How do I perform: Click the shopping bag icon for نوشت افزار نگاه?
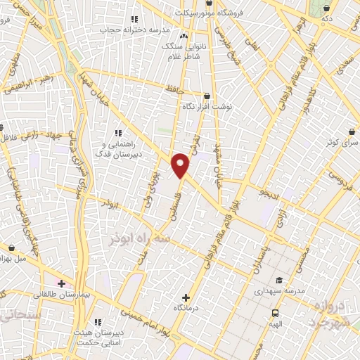(x=207, y=96)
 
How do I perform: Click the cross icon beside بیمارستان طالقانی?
(x=61, y=284)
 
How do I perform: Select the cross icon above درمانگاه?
(x=186, y=297)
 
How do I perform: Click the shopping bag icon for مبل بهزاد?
(x=13, y=247)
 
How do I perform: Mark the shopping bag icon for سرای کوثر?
(x=351, y=131)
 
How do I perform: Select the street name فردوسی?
(x=321, y=179)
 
